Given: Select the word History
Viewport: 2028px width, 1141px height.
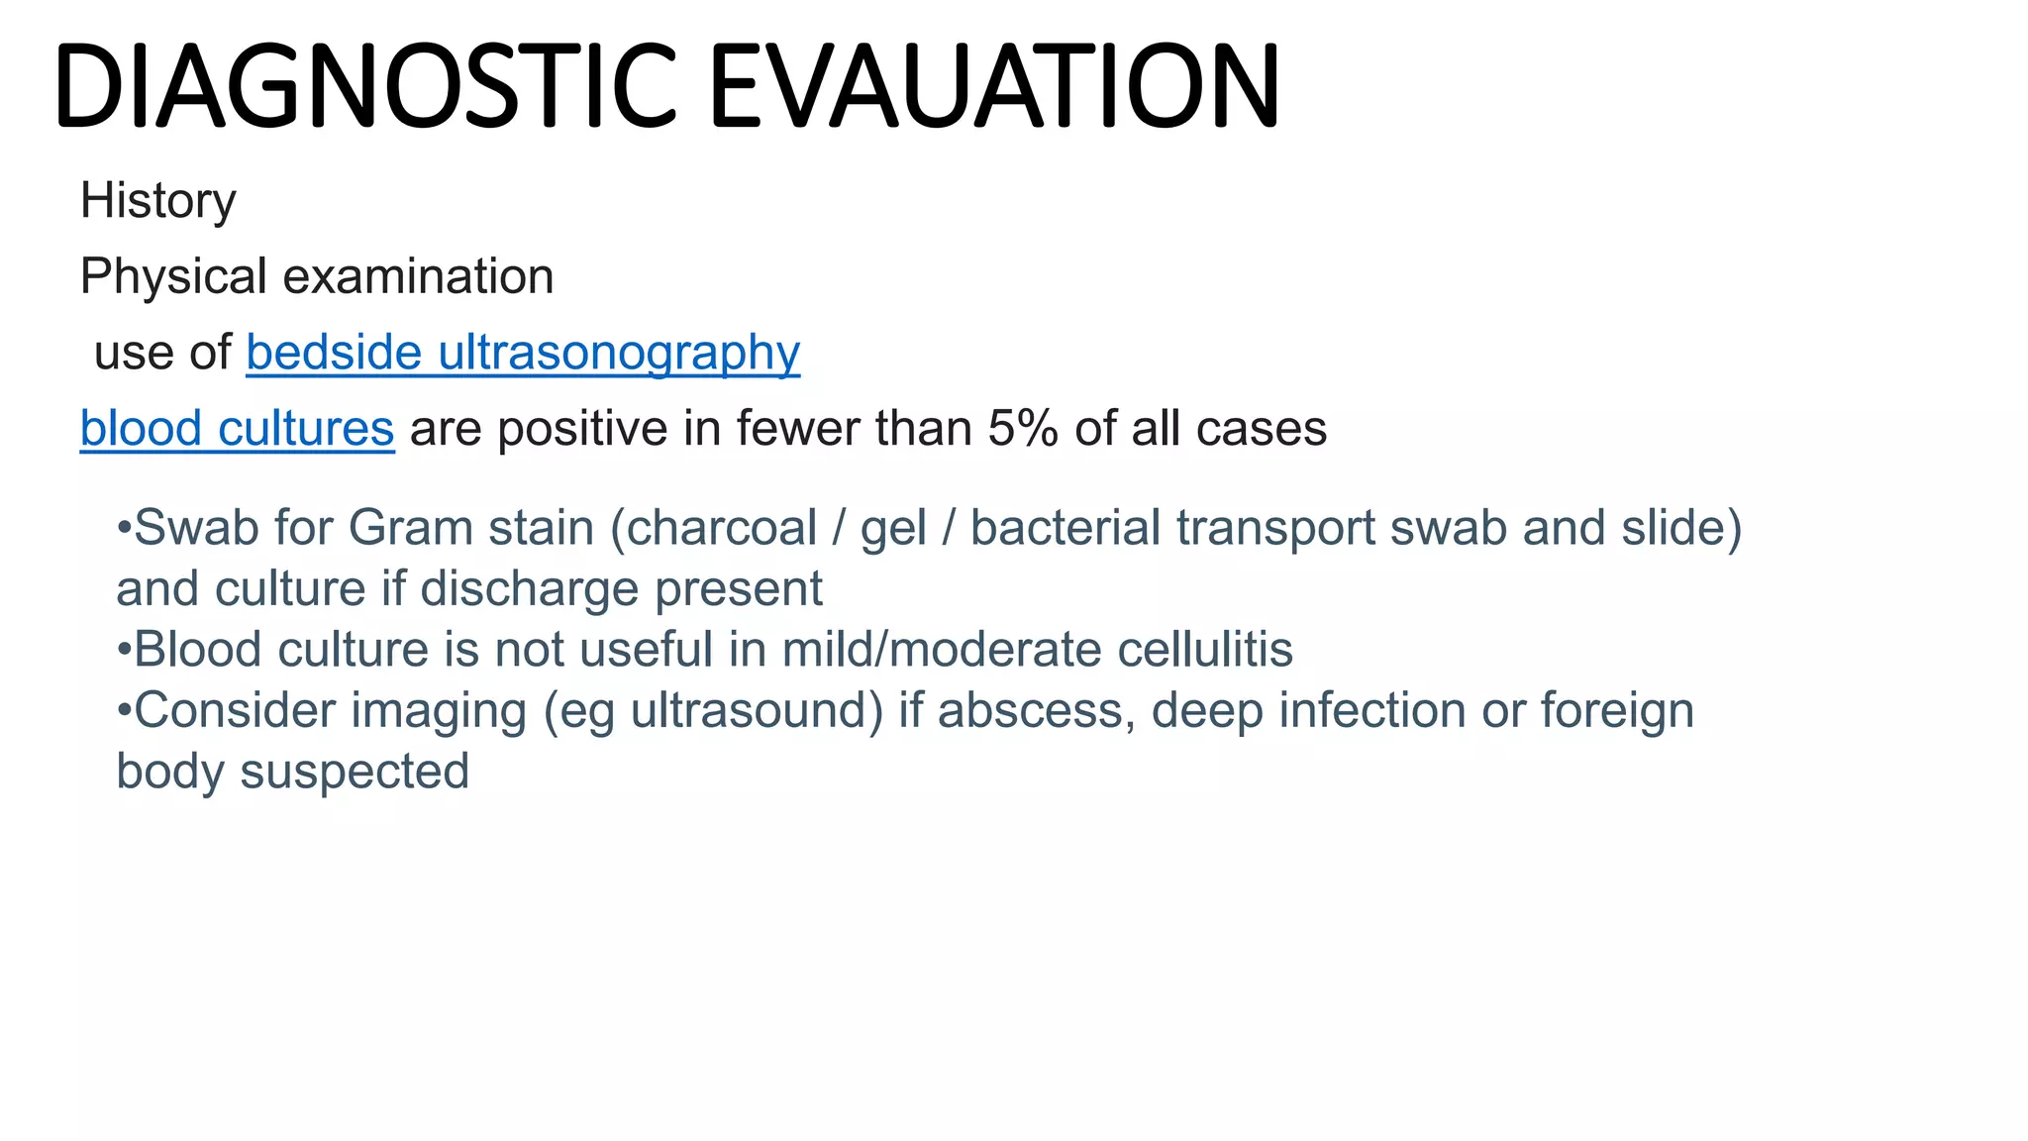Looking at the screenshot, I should (158, 201).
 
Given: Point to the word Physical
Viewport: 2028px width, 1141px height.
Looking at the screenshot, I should (173, 277).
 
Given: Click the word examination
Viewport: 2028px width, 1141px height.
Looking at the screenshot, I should (418, 276).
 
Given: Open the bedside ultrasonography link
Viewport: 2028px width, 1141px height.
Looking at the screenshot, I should (523, 354).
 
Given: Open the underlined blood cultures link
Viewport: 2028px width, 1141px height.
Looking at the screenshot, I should (238, 430).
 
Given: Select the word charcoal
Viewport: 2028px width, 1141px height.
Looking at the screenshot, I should (722, 528).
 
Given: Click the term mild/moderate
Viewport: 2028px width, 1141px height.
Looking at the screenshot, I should (942, 651).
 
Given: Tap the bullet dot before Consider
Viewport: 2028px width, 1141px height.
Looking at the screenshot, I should (124, 711).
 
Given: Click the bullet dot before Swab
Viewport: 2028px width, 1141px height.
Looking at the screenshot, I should (124, 528).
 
